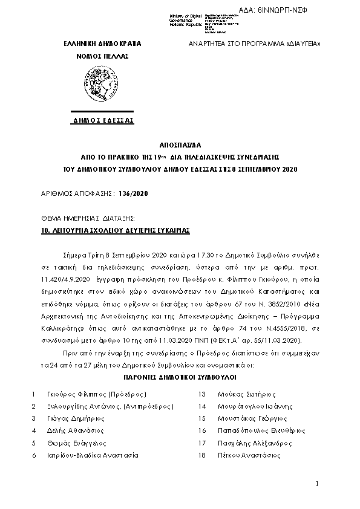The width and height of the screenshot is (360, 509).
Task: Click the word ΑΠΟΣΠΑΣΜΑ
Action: coord(180,146)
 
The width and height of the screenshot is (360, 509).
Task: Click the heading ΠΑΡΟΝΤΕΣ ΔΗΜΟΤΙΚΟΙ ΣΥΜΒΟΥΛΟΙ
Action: coord(180,383)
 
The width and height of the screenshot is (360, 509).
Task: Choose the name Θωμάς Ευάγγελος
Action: coord(73,443)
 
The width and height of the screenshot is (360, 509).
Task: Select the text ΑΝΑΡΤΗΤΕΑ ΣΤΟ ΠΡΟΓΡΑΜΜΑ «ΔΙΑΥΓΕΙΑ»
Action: coord(255,45)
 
